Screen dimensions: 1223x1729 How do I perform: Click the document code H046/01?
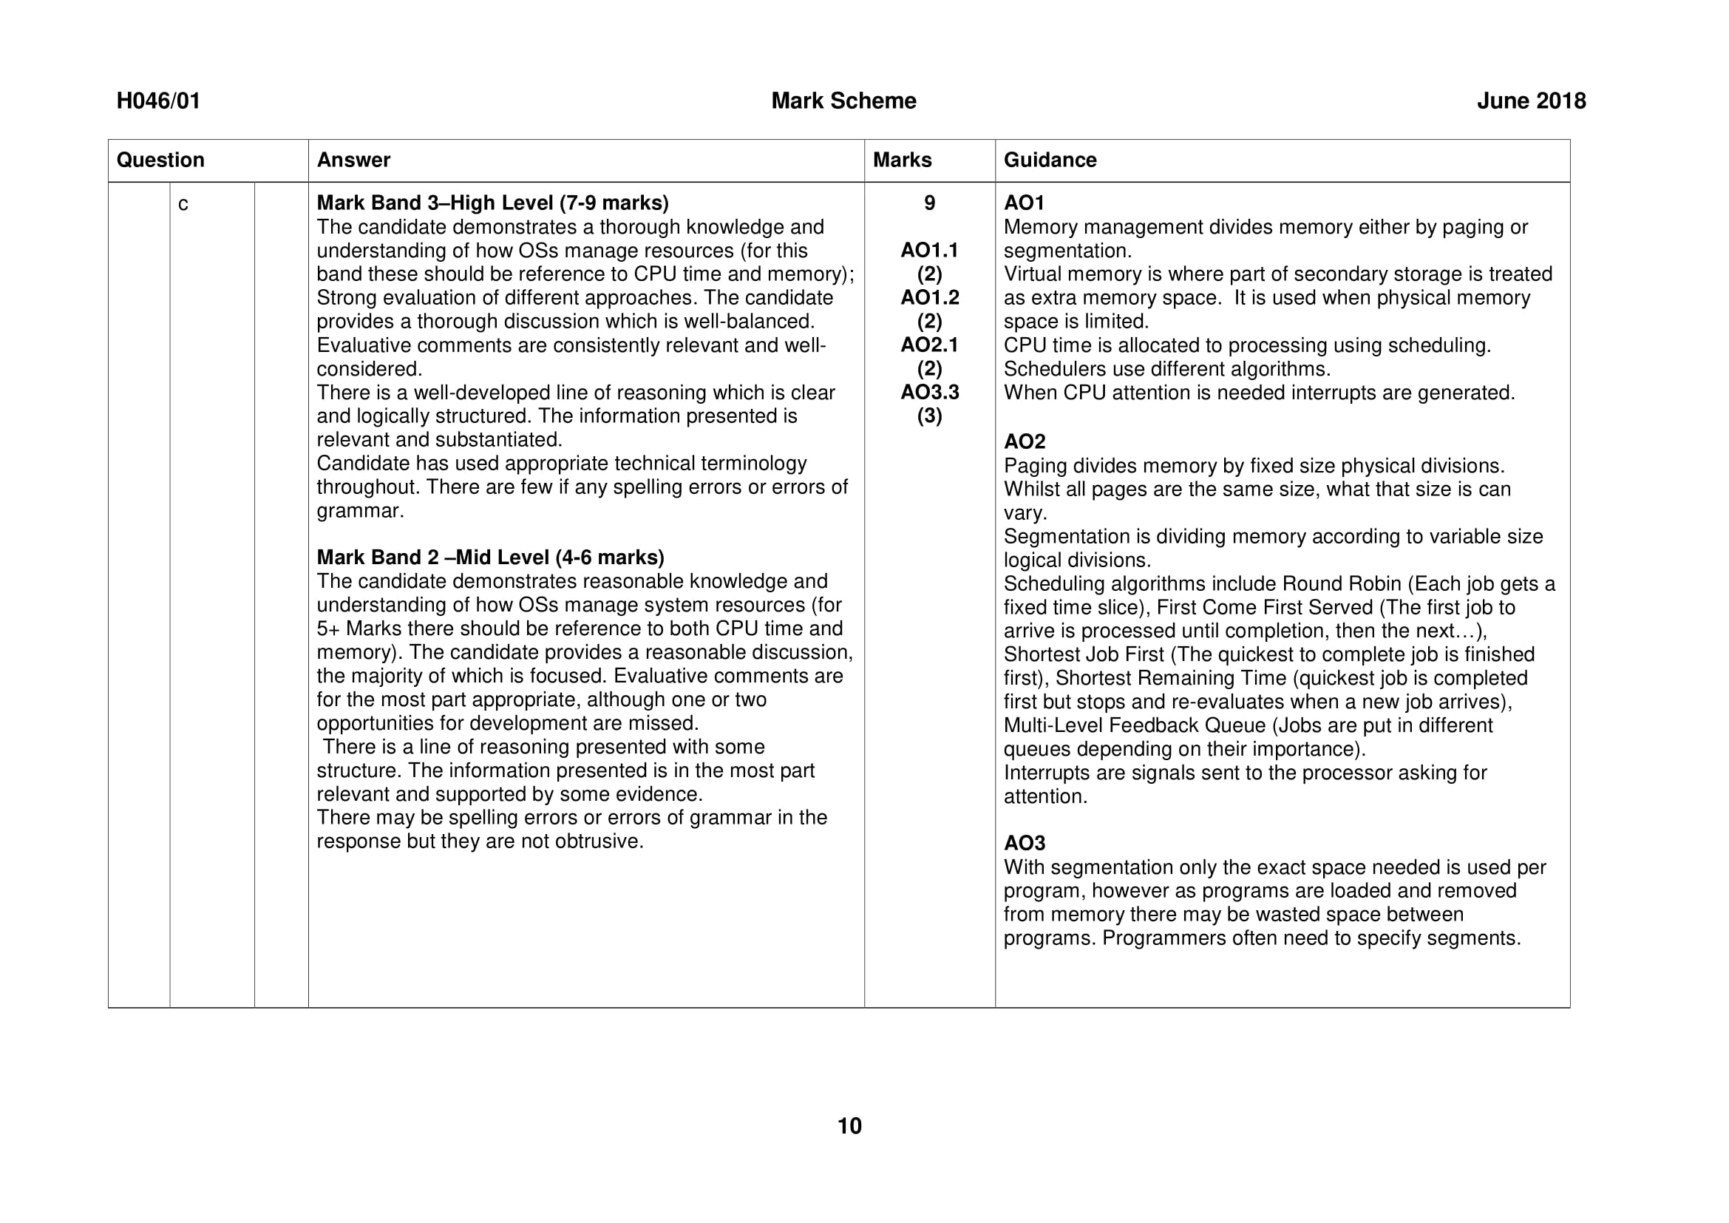tap(158, 101)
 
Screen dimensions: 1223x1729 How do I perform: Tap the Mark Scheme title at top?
tap(843, 101)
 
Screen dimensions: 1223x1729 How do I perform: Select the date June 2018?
tap(1531, 101)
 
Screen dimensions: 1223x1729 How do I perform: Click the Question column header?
tap(160, 160)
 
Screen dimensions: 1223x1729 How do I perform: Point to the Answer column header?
tap(353, 160)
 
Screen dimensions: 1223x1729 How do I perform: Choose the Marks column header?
tap(902, 160)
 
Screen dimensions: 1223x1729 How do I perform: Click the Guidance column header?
tap(1050, 160)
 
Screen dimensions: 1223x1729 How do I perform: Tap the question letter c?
tap(183, 204)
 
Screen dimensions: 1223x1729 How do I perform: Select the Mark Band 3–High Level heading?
tap(492, 203)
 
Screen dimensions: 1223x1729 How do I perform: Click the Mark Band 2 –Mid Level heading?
tap(490, 558)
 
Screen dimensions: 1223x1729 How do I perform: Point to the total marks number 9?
tap(929, 203)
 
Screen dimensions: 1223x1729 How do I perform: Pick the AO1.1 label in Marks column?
tap(929, 250)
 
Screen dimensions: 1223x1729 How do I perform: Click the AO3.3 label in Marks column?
tap(929, 392)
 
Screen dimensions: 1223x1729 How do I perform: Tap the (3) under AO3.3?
tap(929, 416)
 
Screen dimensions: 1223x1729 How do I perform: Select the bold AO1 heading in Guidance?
tap(1024, 203)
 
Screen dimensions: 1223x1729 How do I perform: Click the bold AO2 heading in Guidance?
tap(1024, 441)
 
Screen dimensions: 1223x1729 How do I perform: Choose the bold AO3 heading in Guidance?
tap(1024, 843)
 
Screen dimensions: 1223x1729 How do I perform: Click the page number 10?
tap(849, 1126)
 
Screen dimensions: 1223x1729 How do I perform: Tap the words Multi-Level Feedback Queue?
tap(1134, 725)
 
